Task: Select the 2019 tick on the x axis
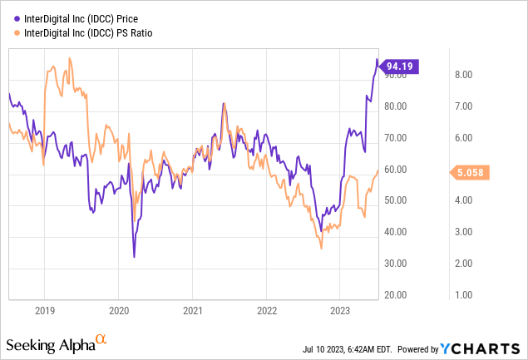click(x=44, y=310)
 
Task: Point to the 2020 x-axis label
click(x=118, y=310)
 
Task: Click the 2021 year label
click(x=192, y=310)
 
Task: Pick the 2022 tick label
click(x=266, y=310)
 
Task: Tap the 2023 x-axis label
click(x=340, y=310)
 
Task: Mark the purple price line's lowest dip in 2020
click(x=134, y=257)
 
